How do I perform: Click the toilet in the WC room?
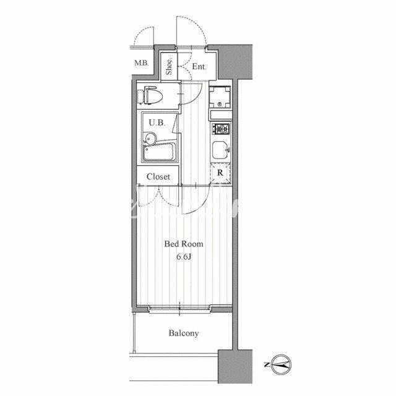coord(150,96)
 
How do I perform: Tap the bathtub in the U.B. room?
coord(160,152)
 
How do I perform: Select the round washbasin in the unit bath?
coord(150,139)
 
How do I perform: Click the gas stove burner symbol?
coord(221,129)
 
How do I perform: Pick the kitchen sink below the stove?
coord(220,150)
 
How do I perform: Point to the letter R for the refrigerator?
coord(220,173)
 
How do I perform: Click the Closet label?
coord(158,177)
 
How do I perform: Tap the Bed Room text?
coord(184,244)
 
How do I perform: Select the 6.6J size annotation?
coord(184,257)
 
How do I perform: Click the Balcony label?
coord(184,334)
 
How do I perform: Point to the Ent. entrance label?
coord(199,67)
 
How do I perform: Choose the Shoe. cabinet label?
coord(169,66)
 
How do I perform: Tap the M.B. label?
coord(141,63)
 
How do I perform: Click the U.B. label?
coord(157,123)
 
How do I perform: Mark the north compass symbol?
coord(282,364)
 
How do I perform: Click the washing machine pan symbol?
coord(220,97)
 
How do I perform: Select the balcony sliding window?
coord(179,309)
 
